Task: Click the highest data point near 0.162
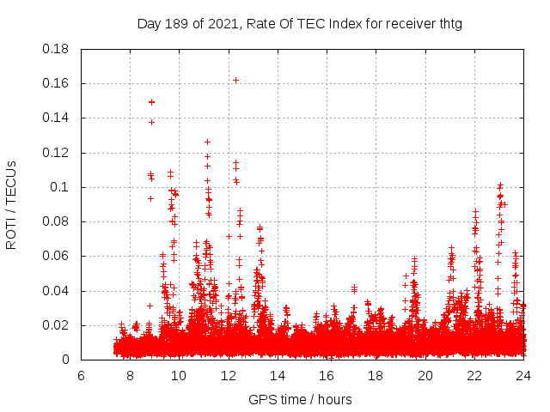(235, 80)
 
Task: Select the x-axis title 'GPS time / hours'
(300, 400)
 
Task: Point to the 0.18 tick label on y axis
(56, 49)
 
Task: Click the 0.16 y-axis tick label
(56, 83)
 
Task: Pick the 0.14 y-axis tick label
(56, 118)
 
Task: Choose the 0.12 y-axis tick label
(56, 153)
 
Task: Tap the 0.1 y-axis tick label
(60, 187)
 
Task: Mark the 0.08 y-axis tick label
(56, 221)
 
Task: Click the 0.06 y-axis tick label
(56, 256)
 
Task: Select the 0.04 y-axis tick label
(56, 291)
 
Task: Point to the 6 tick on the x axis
(81, 376)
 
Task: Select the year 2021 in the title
(225, 24)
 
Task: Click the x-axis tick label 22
(474, 376)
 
